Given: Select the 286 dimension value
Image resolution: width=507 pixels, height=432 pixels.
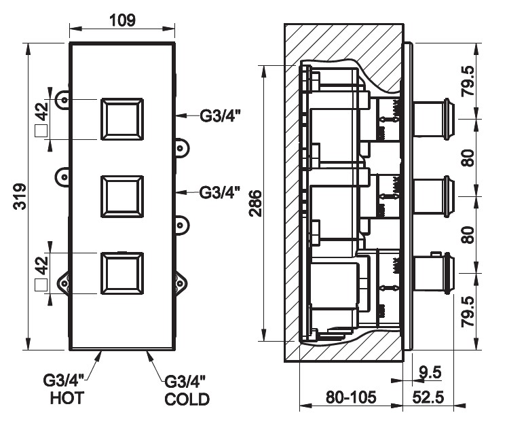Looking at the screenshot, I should (x=254, y=202).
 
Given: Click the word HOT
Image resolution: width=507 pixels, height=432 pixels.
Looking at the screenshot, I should (x=67, y=399).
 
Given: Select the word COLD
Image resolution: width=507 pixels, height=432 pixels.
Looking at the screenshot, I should (x=187, y=399).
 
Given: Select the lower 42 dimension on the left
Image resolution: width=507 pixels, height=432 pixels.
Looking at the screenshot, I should (x=41, y=264).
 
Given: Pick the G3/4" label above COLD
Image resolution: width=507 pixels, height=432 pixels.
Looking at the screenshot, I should (x=185, y=382).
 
